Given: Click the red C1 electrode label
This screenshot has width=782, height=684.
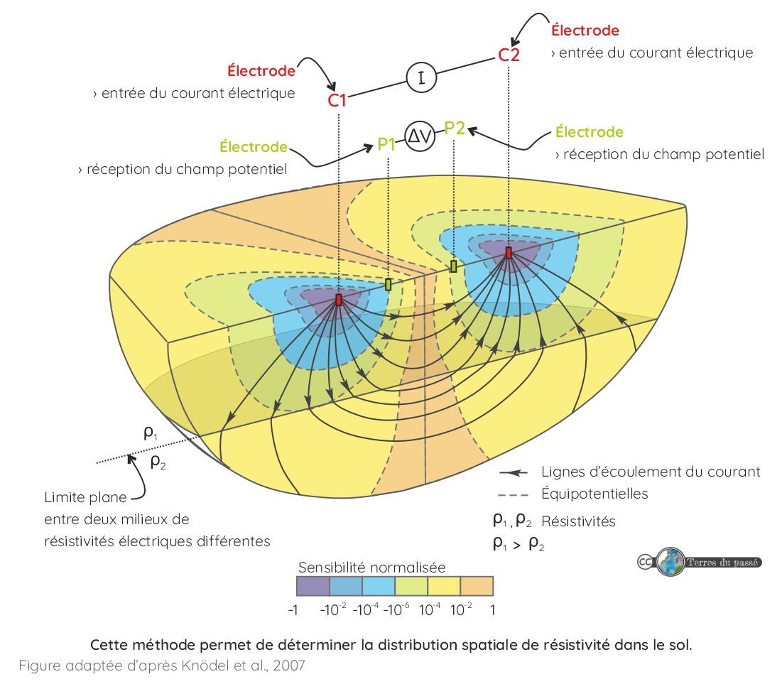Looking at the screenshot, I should [337, 100].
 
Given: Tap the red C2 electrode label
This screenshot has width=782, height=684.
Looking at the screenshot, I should [509, 55].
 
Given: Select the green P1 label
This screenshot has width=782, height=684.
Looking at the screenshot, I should [386, 145].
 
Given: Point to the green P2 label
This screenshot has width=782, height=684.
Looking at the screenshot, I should [455, 128].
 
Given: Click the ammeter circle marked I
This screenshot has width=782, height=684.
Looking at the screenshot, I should [421, 77].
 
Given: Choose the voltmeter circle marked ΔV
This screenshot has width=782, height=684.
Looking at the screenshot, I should [419, 137].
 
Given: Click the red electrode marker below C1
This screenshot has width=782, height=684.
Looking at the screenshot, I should [338, 300].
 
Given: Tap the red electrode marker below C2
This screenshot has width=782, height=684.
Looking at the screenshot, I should [509, 252].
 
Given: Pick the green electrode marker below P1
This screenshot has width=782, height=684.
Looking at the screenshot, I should [388, 285].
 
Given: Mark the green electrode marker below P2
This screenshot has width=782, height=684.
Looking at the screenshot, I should [453, 266].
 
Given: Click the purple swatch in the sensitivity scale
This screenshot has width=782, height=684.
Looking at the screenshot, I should [313, 586].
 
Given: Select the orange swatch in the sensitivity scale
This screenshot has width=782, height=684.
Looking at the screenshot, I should [477, 586].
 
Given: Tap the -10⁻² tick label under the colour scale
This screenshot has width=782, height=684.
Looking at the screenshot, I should [333, 609].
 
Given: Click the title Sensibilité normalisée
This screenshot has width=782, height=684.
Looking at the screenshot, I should [371, 568].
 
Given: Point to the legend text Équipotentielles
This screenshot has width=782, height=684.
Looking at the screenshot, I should [594, 494].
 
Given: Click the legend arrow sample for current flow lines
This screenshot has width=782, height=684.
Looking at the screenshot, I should [516, 472].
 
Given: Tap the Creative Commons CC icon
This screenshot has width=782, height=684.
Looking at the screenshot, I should [644, 563].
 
